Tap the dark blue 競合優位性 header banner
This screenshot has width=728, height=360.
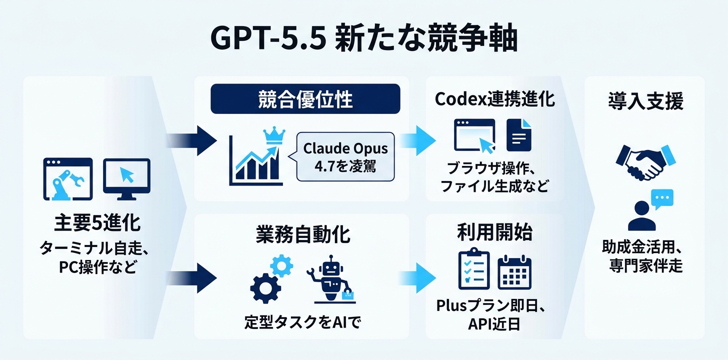click(x=305, y=98)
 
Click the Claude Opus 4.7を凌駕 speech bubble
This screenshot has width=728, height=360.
click(x=345, y=157)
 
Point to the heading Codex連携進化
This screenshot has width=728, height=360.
click(x=494, y=99)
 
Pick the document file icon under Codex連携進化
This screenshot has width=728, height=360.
click(x=519, y=134)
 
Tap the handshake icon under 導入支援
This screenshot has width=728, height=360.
click(x=643, y=161)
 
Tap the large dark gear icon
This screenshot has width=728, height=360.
click(x=265, y=288)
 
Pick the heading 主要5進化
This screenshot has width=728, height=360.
click(x=97, y=223)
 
